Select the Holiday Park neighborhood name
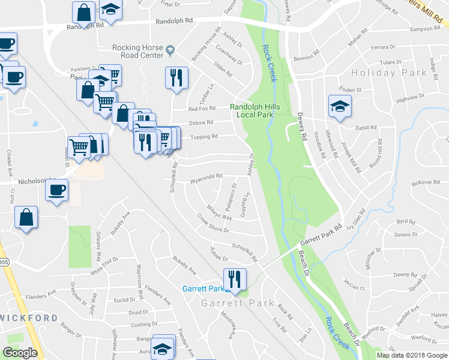tap(389, 73)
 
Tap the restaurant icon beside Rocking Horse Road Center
tap(176, 78)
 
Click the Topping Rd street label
tap(203, 137)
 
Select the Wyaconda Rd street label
tap(206, 176)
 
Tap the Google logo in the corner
tap(20, 353)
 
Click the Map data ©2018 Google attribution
tap(412, 355)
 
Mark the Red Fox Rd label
tap(202, 109)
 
